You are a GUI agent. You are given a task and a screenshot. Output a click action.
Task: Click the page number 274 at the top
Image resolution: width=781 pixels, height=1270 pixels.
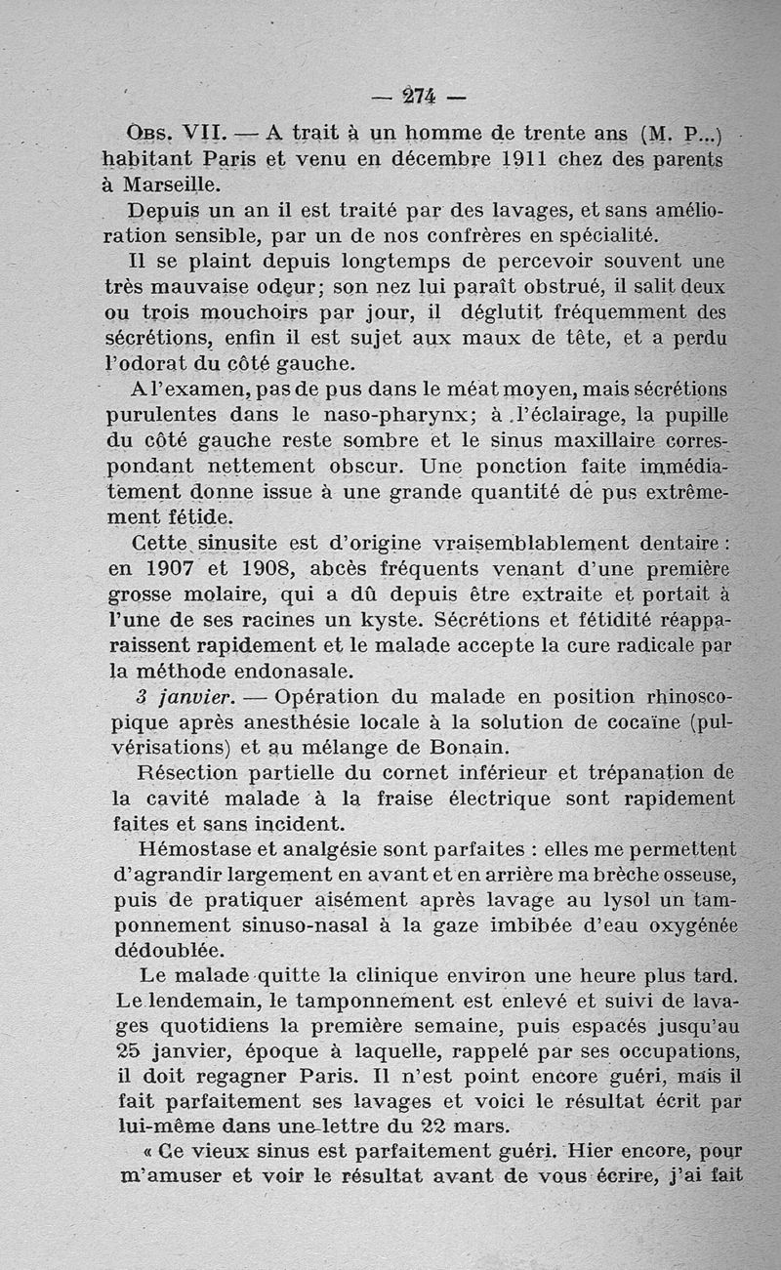pyautogui.click(x=419, y=97)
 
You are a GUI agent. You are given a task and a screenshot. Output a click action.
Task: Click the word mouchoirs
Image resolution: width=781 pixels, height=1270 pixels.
pyautogui.click(x=268, y=314)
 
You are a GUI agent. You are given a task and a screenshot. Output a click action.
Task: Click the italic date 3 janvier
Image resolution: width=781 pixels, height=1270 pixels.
pyautogui.click(x=185, y=697)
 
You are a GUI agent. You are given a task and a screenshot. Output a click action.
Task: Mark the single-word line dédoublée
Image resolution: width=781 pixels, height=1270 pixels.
pyautogui.click(x=169, y=950)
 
